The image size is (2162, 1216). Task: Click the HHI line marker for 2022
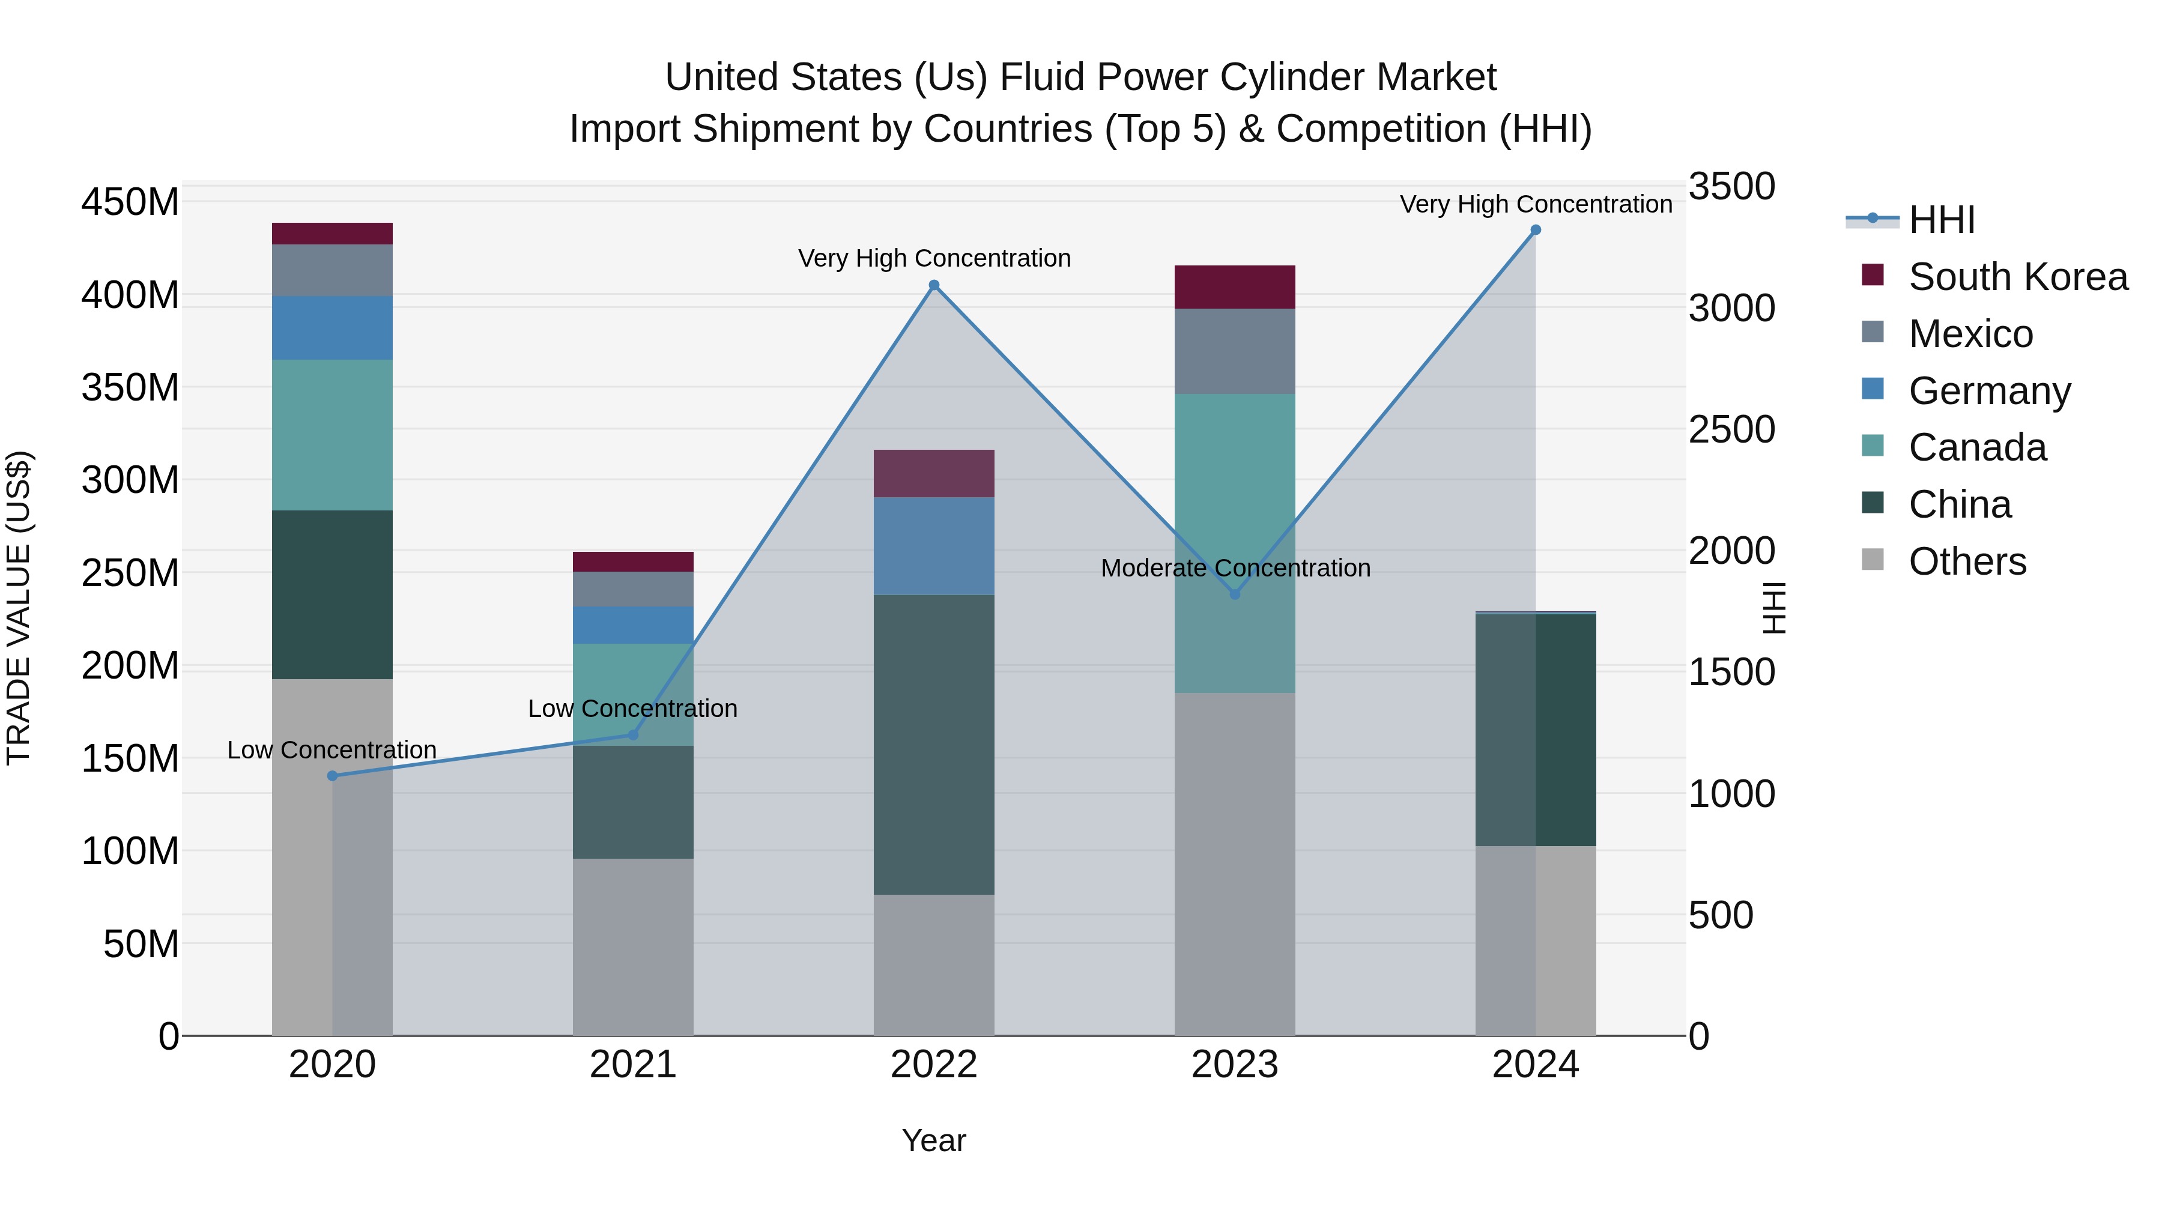(933, 285)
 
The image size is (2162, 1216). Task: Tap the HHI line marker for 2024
(1535, 230)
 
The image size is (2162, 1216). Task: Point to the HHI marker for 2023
(1235, 594)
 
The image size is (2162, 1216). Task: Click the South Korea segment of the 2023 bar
(1235, 287)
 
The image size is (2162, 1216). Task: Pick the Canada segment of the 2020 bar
(332, 435)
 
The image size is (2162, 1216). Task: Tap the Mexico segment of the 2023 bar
(1235, 351)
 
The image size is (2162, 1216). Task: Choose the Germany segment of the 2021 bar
(633, 625)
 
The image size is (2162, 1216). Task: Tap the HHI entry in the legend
(1940, 220)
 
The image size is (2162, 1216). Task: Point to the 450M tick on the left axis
(130, 202)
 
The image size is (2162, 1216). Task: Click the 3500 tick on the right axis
(1731, 186)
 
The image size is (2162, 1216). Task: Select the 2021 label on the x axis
(633, 1065)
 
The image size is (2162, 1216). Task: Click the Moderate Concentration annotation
(1235, 568)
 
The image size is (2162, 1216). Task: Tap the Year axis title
(933, 1140)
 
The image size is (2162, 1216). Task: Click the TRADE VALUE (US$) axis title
(19, 608)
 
